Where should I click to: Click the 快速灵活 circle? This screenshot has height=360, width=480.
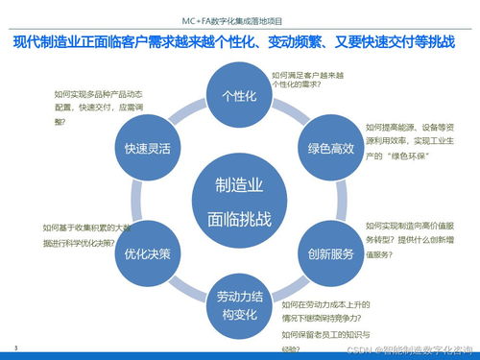(x=147, y=150)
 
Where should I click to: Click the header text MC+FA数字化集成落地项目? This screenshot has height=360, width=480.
(x=240, y=18)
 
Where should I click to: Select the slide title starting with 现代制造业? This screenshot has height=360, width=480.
(x=240, y=42)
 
